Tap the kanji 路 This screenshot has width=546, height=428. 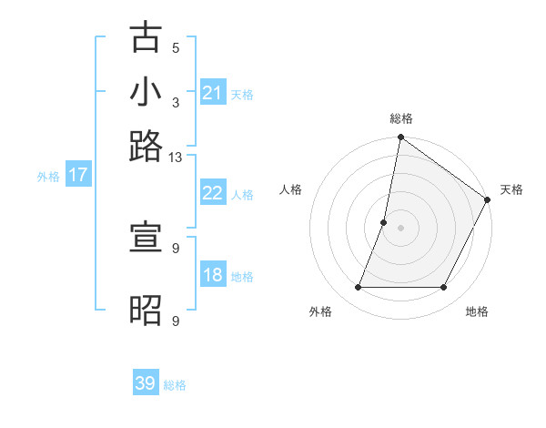pos(147,146)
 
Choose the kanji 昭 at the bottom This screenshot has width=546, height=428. pos(147,311)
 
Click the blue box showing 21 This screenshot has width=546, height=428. pos(213,93)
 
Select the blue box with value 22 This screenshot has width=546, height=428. pos(213,193)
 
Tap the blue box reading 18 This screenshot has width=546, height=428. pos(213,276)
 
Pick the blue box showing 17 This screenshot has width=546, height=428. pos(77,175)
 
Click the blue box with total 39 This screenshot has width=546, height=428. pos(146,383)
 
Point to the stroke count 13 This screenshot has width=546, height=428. pos(176,158)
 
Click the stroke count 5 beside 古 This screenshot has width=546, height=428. pos(176,48)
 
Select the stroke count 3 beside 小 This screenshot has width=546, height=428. pos(176,102)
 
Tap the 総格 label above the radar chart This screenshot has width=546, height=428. pos(401,118)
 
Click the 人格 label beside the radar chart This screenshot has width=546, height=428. pos(291,189)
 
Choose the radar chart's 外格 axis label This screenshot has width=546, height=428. pos(320,312)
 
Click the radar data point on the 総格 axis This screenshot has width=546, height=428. pos(400,138)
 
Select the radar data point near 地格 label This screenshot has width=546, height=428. pos(444,288)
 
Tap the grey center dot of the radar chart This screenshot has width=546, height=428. pos(400,227)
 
